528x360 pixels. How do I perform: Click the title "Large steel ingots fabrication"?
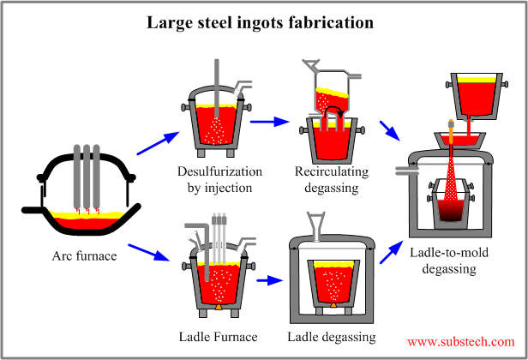(264, 23)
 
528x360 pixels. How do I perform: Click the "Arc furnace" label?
(84, 255)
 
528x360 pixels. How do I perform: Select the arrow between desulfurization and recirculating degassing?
(267, 122)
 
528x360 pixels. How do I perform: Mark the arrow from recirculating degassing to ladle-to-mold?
(389, 130)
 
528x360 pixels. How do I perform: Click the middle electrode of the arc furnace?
(87, 176)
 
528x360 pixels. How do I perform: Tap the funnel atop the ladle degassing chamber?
(328, 226)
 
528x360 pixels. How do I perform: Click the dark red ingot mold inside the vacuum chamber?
(451, 207)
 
